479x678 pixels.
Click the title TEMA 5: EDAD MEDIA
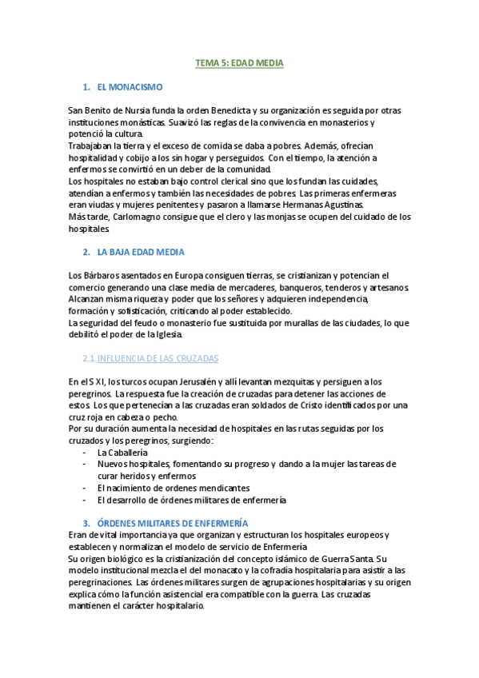[240, 62]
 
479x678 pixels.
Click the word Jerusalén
[186, 382]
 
